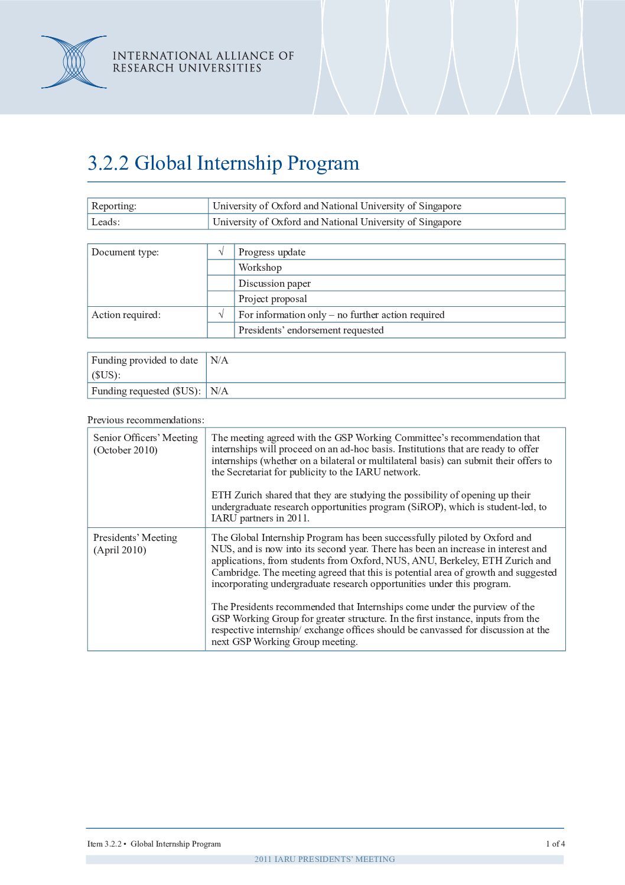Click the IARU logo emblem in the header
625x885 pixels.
74,62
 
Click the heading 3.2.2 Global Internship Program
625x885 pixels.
223,163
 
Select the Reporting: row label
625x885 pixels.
114,206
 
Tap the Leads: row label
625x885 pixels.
106,222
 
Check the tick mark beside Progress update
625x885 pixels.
221,252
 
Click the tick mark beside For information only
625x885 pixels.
221,315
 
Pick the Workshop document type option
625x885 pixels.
260,267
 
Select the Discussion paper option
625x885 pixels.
274,283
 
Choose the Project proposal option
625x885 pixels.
272,299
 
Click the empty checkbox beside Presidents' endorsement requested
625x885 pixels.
221,330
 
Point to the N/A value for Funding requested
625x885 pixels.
219,391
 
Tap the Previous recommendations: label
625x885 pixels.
146,420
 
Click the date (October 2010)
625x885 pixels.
125,450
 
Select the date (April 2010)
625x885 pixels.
120,550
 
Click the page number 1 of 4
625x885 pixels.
555,844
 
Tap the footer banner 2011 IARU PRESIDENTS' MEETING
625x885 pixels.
324,859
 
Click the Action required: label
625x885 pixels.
126,315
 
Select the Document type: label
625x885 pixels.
125,252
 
